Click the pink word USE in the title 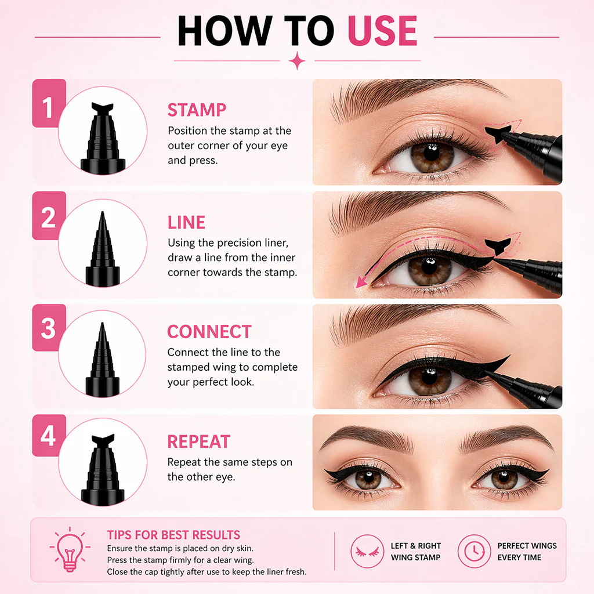[x=382, y=31]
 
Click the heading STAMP [x=197, y=110]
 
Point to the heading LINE [x=186, y=222]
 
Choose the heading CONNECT [x=209, y=331]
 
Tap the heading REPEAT [x=198, y=441]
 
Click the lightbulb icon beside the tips [x=70, y=549]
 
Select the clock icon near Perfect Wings [x=475, y=551]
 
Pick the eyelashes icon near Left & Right [x=367, y=551]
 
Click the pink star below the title [x=297, y=60]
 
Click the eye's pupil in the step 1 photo [x=432, y=153]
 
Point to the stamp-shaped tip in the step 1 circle [x=102, y=108]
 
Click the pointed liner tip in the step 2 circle [x=102, y=222]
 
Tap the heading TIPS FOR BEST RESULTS [x=173, y=535]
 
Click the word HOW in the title [x=224, y=31]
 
